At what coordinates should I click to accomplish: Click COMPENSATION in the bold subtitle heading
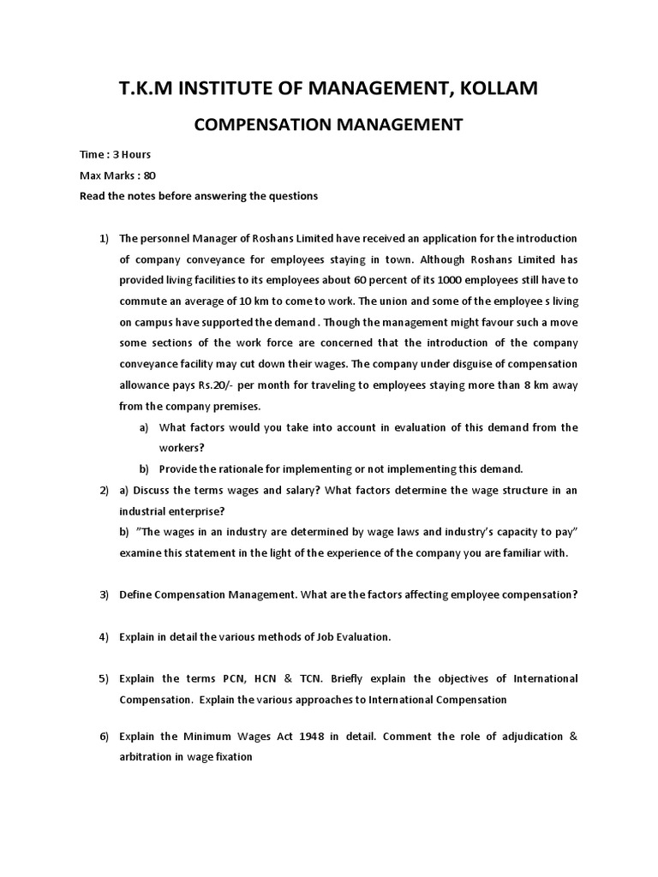254,125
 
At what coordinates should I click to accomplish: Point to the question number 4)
104,636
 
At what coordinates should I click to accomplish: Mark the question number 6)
104,737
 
